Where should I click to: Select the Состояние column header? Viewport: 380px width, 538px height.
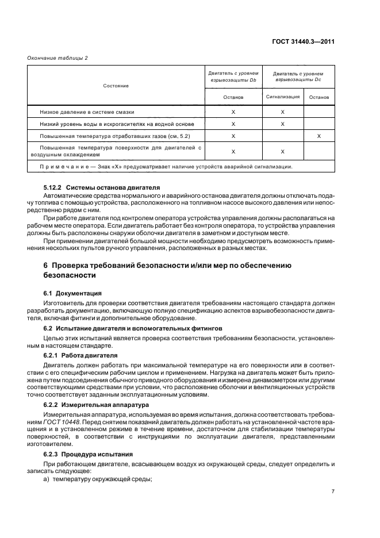pos(116,86)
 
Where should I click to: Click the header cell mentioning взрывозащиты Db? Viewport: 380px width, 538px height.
pos(233,77)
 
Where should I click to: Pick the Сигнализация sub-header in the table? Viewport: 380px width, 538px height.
pos(282,97)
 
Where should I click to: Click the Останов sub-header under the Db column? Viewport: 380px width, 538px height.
pos(233,97)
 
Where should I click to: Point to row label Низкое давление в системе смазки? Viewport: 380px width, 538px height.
pos(87,112)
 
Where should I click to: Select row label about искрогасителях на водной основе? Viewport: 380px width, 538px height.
pos(117,124)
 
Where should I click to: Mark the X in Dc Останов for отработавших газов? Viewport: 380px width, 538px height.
pos(318,136)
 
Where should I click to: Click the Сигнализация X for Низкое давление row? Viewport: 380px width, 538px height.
pos(282,112)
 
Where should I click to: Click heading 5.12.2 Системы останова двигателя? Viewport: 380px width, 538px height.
pos(94,187)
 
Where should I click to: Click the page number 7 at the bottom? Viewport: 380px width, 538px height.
pos(333,491)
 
